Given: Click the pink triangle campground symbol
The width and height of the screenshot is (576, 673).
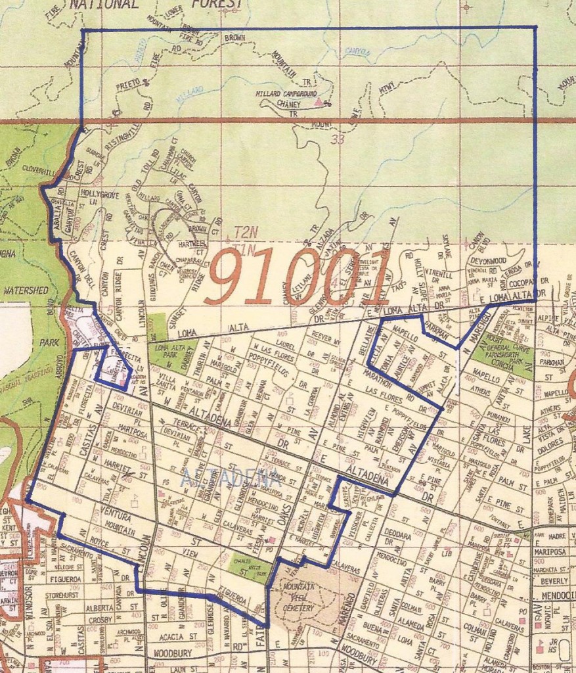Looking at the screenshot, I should (319, 103).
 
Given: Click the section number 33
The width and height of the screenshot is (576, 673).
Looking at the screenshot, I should (338, 139).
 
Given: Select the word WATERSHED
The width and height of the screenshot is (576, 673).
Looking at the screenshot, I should (23, 289).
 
